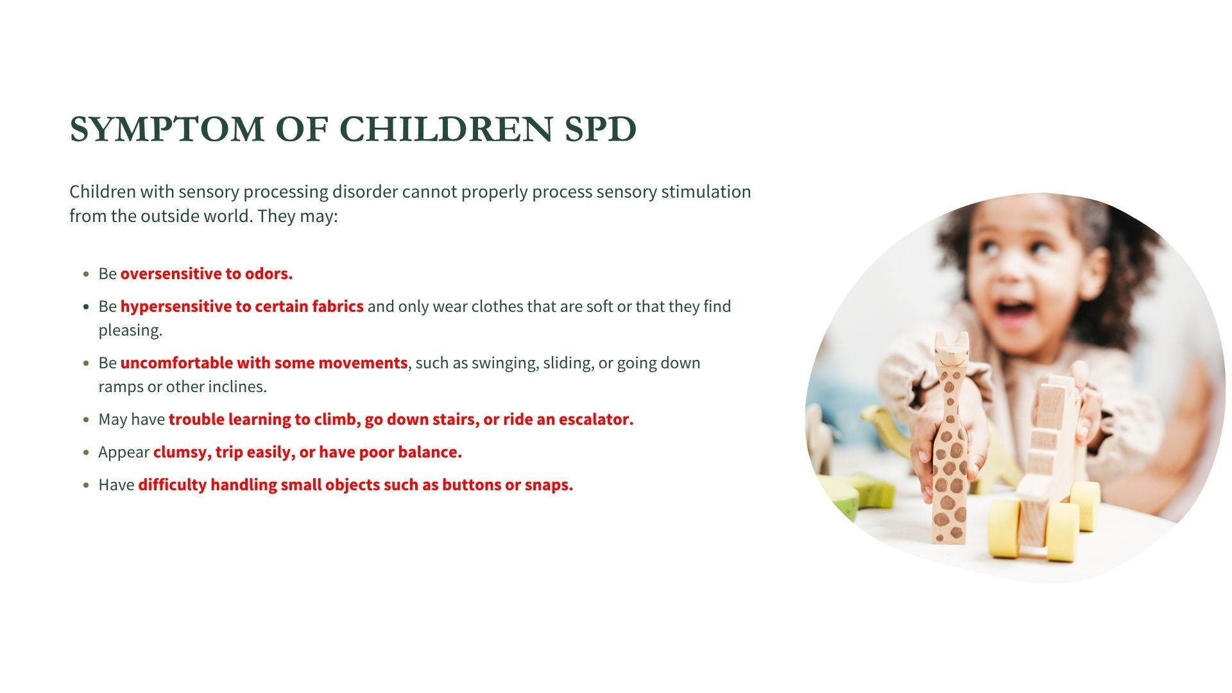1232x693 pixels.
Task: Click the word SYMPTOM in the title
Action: click(x=167, y=129)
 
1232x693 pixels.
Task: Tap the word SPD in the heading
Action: click(x=601, y=129)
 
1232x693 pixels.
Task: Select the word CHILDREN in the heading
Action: click(x=446, y=129)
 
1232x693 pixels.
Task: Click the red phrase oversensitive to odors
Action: click(x=207, y=273)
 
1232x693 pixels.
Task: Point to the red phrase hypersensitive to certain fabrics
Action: click(x=242, y=307)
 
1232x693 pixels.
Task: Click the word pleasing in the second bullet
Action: click(x=130, y=331)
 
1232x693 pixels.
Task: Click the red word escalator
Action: click(x=596, y=419)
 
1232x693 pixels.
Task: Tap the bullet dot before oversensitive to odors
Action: click(x=86, y=274)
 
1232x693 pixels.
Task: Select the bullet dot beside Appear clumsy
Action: click(x=86, y=452)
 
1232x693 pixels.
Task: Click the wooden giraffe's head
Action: click(x=951, y=352)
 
